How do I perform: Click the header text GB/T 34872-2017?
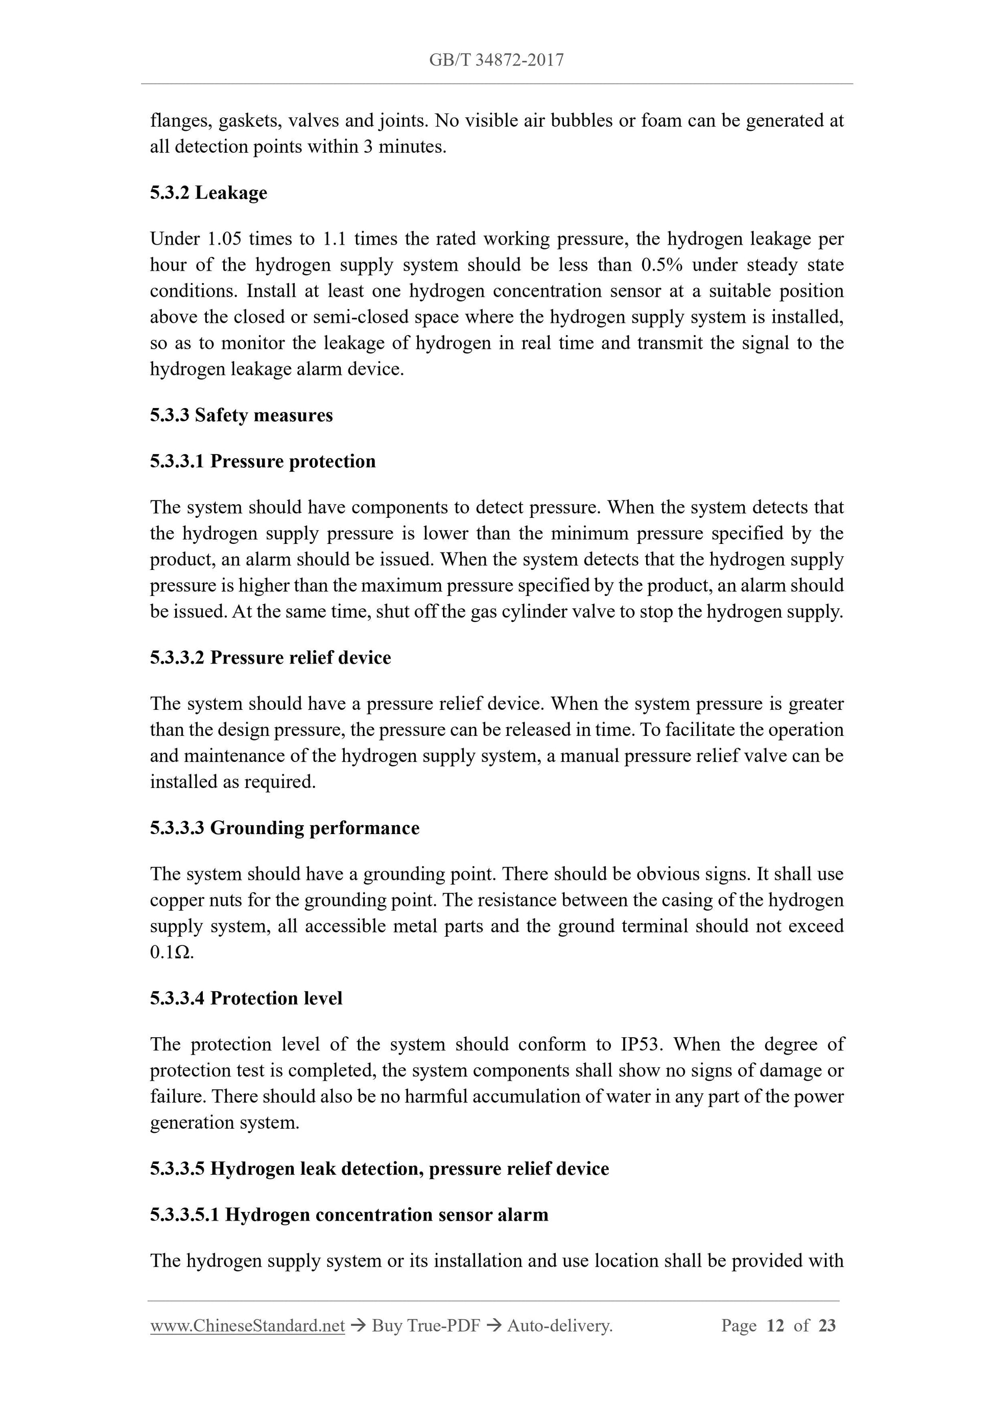coord(496,60)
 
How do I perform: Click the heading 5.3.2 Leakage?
coord(208,193)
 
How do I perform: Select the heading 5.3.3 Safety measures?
coord(241,415)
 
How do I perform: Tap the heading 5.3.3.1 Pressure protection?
coord(263,461)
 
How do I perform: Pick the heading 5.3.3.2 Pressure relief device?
coord(270,658)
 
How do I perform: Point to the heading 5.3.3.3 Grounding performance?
coord(285,828)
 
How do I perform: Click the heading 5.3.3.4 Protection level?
coord(246,998)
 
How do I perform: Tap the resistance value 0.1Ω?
coord(171,953)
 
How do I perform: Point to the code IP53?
coord(639,1044)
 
